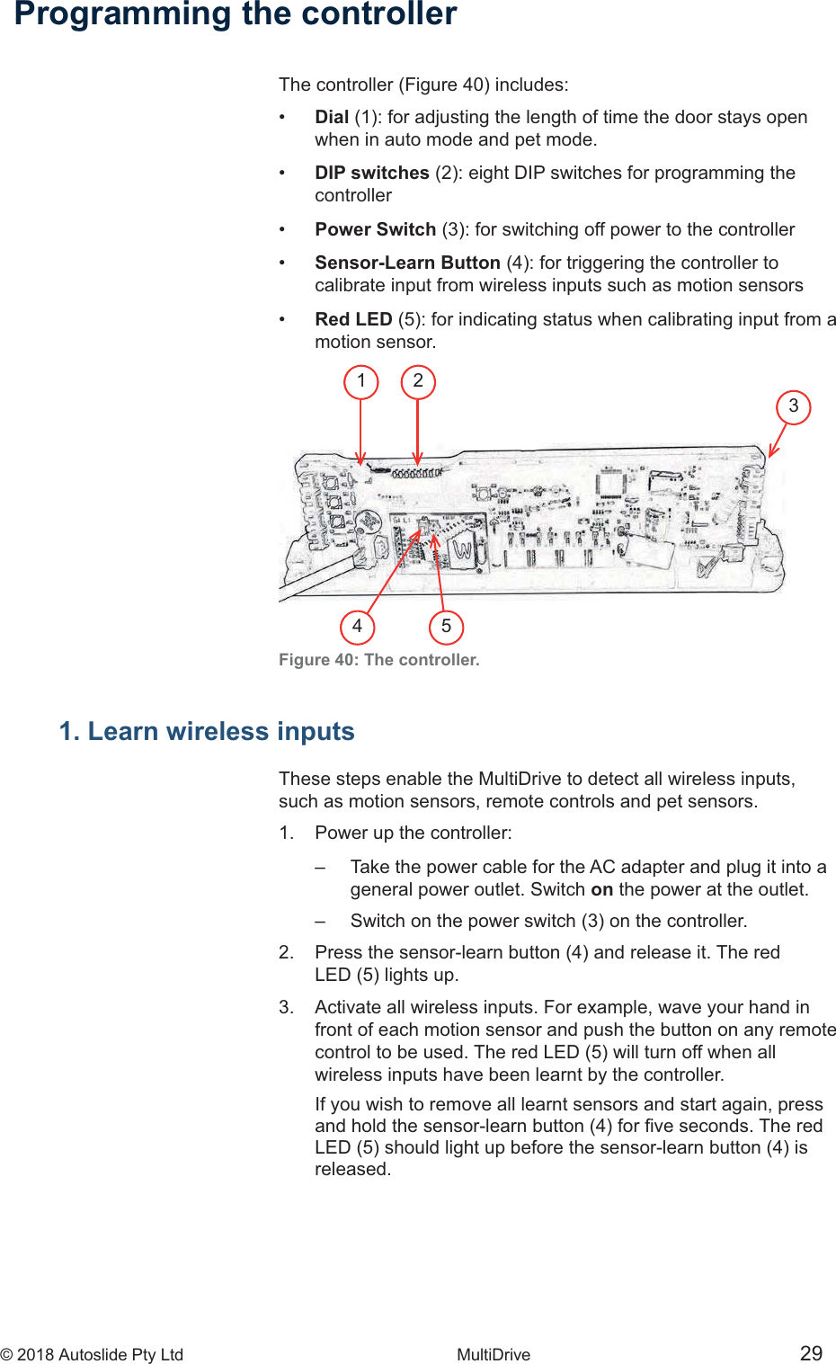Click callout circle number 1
[361, 381]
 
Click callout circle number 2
[418, 381]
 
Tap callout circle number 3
[793, 406]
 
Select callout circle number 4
[358, 626]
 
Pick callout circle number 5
[446, 627]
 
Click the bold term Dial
[332, 117]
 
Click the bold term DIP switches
[371, 173]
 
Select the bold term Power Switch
[375, 229]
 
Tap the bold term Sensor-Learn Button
[407, 263]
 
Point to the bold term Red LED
[353, 319]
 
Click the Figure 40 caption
[378, 660]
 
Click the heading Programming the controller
[236, 14]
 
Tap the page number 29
[811, 1353]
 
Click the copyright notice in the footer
[92, 1355]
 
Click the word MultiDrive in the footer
[494, 1355]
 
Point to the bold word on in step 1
[601, 889]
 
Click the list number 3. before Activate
[286, 1007]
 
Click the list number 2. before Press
[286, 952]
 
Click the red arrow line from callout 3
[778, 440]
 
